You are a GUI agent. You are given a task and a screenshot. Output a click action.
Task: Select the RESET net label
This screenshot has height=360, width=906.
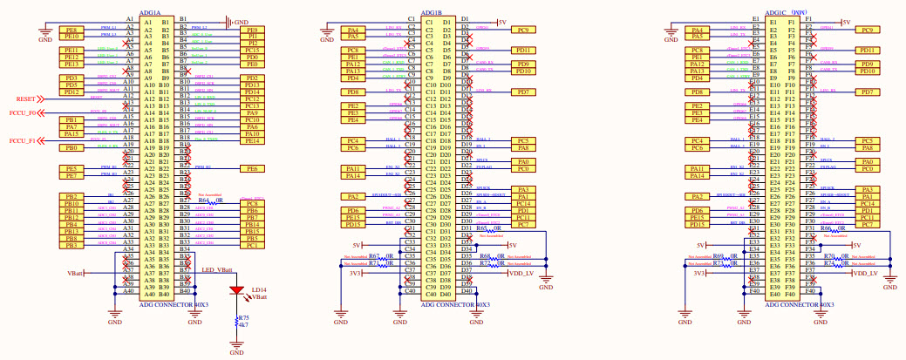coord(26,99)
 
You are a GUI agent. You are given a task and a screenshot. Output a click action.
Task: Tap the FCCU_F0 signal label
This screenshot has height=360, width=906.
coord(22,113)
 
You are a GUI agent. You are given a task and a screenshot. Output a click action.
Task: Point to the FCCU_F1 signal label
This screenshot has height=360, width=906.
coord(22,140)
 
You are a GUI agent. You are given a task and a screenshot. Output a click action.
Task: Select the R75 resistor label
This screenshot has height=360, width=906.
coord(243,318)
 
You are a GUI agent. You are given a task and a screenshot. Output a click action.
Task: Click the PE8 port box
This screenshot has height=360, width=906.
coord(71,30)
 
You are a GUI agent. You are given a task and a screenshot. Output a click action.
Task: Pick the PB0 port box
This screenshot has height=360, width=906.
coord(71,148)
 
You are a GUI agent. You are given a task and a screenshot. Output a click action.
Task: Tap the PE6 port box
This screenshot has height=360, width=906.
coord(252,168)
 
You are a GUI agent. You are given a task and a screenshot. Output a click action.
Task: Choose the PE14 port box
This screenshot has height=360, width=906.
coord(252,141)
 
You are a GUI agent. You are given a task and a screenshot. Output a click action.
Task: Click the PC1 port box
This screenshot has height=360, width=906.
coord(252,245)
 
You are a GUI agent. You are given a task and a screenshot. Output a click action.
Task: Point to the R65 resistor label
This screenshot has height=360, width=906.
coord(481,228)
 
